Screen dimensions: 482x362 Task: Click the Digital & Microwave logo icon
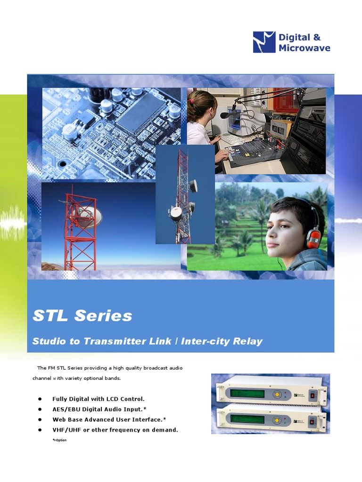pyautogui.click(x=264, y=42)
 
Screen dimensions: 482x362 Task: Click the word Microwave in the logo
pyautogui.click(x=304, y=48)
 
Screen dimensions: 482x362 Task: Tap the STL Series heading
pyautogui.click(x=82, y=316)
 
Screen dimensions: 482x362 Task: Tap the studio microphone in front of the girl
pyautogui.click(x=226, y=115)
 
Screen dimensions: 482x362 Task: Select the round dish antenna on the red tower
pyautogui.click(x=90, y=215)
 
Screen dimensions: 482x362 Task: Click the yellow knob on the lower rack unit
pyautogui.click(x=278, y=419)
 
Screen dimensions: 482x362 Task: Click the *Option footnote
pyautogui.click(x=60, y=440)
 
